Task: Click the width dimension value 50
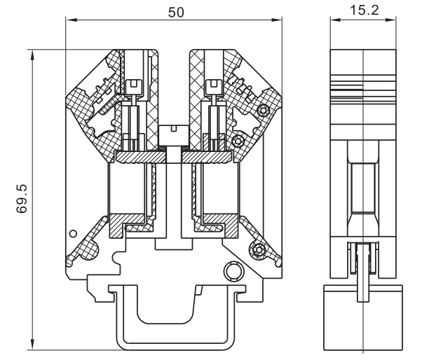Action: (175, 11)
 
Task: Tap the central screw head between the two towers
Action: (170, 132)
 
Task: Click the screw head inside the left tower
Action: (137, 85)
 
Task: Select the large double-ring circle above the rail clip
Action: (231, 271)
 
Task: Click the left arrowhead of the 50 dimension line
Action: (69, 20)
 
